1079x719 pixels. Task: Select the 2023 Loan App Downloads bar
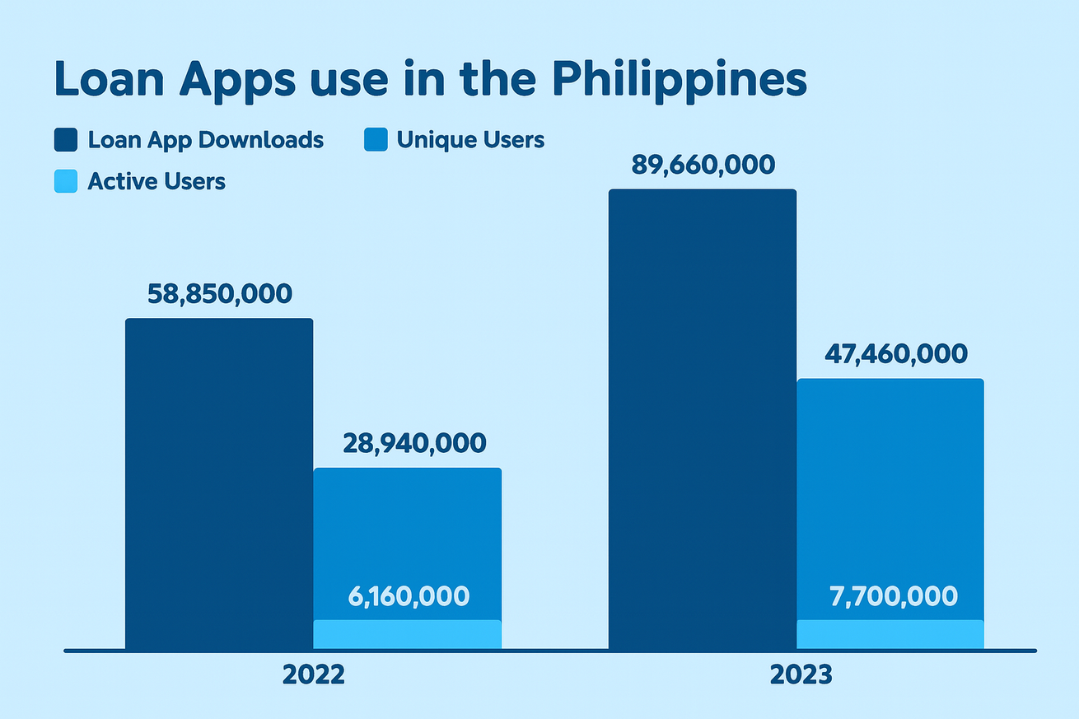point(702,419)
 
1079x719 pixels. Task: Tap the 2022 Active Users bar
point(407,634)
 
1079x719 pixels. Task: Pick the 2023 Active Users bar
point(890,634)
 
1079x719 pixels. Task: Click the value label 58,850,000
point(220,294)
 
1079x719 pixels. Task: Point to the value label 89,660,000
point(703,165)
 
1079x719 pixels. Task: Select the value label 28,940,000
point(414,444)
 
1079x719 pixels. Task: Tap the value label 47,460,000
point(896,354)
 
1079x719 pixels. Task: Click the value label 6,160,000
point(409,596)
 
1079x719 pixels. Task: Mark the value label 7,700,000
point(894,596)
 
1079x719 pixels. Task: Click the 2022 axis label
point(313,675)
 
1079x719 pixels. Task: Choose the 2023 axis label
point(801,675)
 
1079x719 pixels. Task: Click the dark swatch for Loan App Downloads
point(66,140)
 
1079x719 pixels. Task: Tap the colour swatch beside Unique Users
point(375,140)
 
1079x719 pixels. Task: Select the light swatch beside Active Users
point(66,181)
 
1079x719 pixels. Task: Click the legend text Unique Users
point(470,140)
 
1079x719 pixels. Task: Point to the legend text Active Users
point(156,181)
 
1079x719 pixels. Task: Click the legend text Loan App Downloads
point(206,140)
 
